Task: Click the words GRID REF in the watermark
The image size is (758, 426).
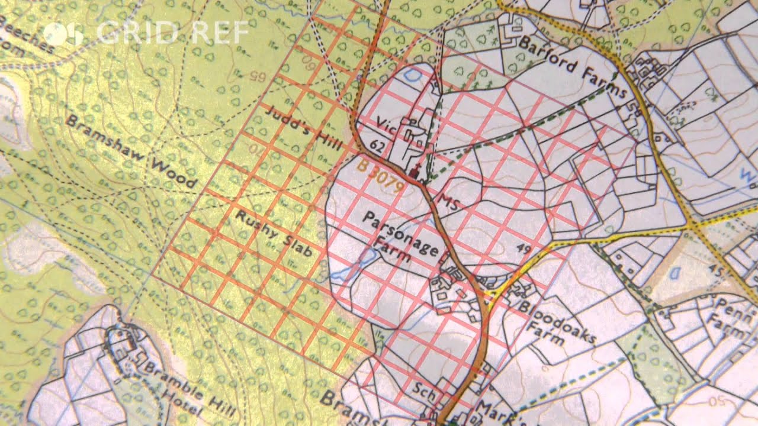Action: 172,33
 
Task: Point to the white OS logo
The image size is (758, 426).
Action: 63,33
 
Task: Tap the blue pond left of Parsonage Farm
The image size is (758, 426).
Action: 361,261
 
